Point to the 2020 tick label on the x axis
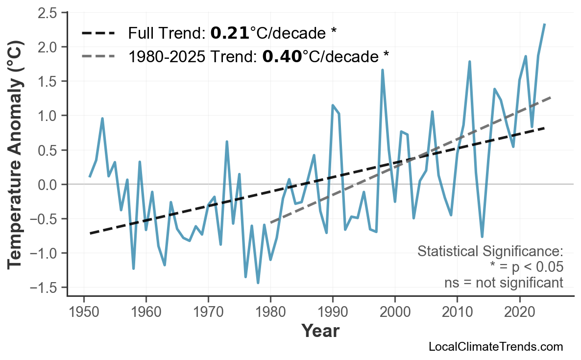tap(519, 312)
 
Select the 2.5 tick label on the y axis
tap(48, 12)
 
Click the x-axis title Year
tap(320, 331)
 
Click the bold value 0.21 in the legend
tap(230, 33)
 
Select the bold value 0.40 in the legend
tap(282, 57)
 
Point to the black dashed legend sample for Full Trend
tap(98, 33)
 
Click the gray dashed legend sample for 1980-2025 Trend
tap(98, 57)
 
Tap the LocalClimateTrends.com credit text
tap(495, 347)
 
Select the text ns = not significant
tap(504, 283)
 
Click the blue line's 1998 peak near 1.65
tap(383, 70)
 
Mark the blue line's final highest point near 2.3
tap(545, 24)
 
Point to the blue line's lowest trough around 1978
tap(258, 283)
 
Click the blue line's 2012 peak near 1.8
tap(470, 62)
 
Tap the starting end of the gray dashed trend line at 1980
tap(271, 222)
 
